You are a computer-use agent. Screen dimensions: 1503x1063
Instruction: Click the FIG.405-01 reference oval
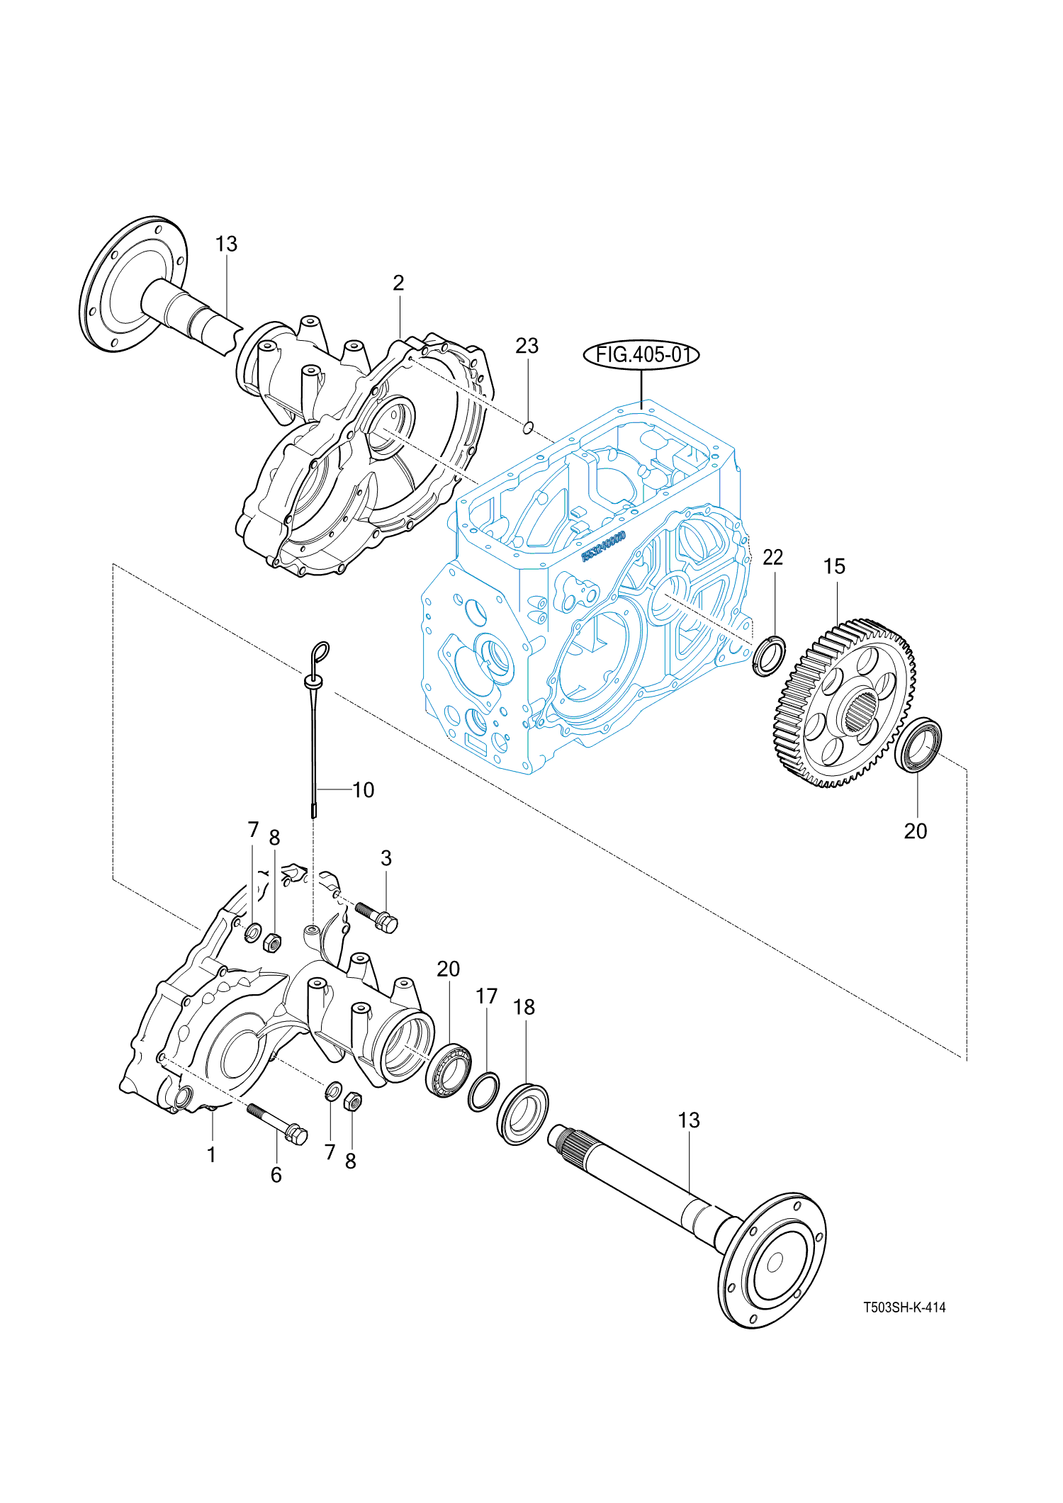click(641, 354)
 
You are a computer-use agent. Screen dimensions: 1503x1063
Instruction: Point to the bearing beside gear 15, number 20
click(918, 745)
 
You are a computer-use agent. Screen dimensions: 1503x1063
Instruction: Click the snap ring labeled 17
click(484, 1092)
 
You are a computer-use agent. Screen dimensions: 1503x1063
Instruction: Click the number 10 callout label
click(363, 790)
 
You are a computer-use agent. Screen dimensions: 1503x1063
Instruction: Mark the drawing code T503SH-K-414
click(904, 1307)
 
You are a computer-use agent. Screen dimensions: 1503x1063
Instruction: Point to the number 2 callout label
click(398, 283)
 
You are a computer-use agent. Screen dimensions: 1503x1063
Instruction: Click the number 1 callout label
click(211, 1155)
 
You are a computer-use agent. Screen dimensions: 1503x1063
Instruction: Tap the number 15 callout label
click(834, 566)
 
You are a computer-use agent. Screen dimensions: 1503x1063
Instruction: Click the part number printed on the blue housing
click(604, 546)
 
